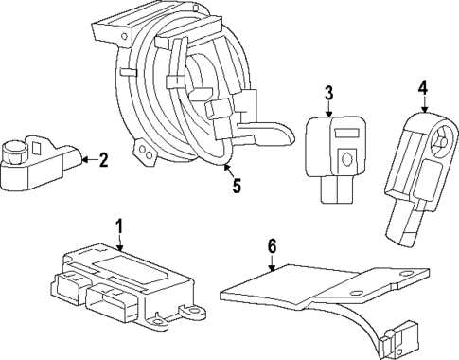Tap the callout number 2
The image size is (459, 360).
[103, 160]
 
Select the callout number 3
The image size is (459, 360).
[327, 93]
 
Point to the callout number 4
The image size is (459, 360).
[422, 88]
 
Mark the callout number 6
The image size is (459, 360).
[272, 245]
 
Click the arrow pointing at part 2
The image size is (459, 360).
[85, 160]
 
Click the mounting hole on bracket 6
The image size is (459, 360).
[406, 279]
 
